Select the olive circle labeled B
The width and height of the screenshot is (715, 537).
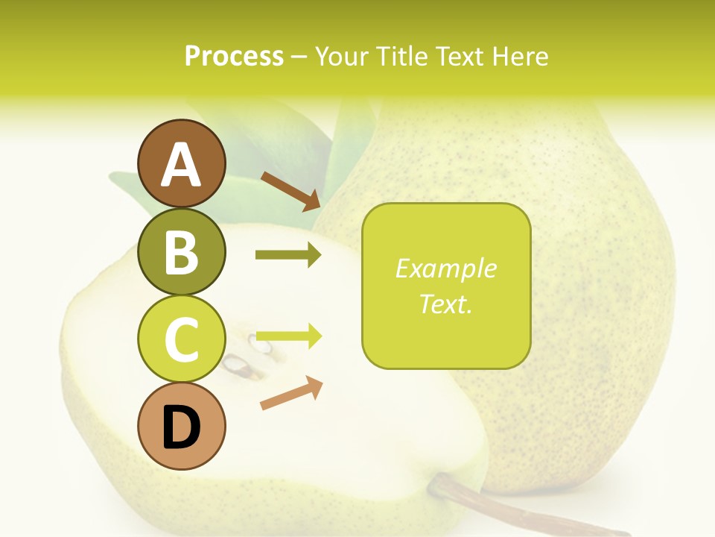click(181, 251)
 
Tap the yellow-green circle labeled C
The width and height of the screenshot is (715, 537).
click(181, 339)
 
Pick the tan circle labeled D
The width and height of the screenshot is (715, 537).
click(181, 427)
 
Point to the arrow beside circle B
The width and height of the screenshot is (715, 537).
click(288, 255)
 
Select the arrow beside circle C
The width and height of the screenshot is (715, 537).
click(288, 336)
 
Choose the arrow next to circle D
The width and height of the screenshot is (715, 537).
click(291, 393)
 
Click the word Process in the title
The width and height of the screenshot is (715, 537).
click(234, 56)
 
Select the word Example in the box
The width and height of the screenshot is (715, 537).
click(445, 268)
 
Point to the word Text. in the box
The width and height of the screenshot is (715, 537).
click(445, 304)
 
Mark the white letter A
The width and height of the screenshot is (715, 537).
click(181, 165)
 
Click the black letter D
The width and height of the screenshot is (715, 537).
click(181, 428)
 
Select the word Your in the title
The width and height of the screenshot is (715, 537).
click(340, 56)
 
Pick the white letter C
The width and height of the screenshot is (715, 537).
click(181, 340)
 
